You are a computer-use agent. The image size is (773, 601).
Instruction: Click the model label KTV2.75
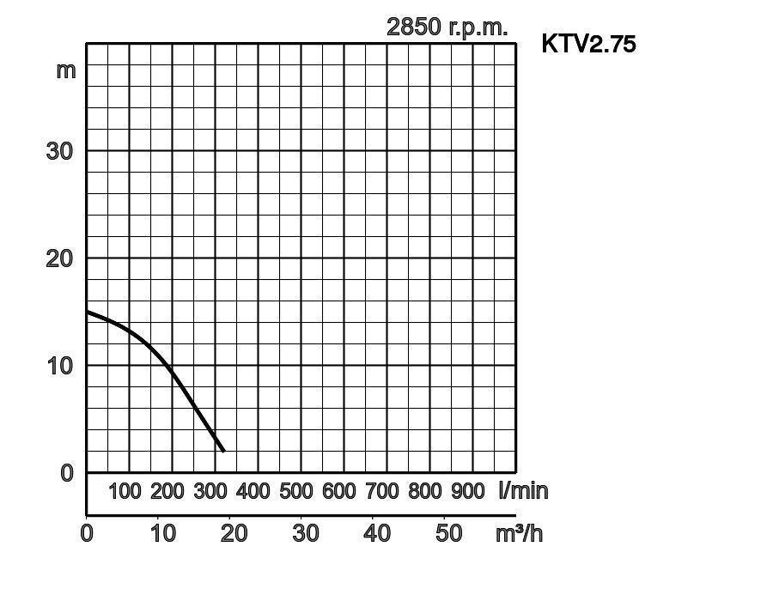588,44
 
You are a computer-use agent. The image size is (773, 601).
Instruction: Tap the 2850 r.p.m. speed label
447,27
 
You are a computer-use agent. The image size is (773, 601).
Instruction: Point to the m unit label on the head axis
66,70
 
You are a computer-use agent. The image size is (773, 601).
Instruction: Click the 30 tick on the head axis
59,151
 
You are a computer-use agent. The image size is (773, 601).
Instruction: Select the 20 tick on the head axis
59,258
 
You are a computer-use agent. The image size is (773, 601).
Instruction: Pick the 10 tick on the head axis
59,365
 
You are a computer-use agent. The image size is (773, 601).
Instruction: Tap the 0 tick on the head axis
67,472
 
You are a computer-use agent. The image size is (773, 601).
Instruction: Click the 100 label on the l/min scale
125,491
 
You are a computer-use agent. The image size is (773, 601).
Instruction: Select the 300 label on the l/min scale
210,491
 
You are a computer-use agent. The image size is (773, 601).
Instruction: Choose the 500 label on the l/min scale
296,491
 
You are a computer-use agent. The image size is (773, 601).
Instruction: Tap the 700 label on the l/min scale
382,491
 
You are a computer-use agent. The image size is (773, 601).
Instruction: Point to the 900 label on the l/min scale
468,491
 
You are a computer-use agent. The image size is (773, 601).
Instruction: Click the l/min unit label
523,491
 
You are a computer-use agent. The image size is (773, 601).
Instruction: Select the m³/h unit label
519,533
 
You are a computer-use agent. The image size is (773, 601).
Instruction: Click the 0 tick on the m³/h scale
87,533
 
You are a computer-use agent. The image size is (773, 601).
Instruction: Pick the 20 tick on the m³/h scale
234,533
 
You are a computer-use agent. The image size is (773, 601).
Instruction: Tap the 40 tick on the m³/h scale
377,533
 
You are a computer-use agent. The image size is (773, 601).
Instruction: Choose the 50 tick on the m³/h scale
448,533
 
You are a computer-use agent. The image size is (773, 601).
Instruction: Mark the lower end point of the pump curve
223,451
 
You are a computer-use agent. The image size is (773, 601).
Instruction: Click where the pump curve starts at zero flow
88,312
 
